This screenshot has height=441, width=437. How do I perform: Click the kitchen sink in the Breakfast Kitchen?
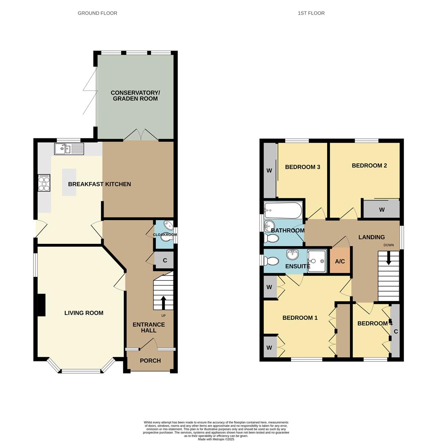[x=69, y=149]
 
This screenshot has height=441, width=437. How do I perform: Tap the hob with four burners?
[x=44, y=183]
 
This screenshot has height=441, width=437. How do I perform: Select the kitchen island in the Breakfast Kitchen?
[x=69, y=182]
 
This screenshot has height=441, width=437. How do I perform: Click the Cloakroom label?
[x=165, y=235]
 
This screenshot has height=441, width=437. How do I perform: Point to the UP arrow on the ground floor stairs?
[x=164, y=303]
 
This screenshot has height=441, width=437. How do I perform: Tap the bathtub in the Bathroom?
[x=283, y=211]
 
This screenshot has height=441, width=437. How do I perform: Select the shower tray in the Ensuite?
[x=317, y=261]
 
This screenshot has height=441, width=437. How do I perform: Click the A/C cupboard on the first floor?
[x=340, y=261]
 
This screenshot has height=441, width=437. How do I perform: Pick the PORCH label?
[x=150, y=361]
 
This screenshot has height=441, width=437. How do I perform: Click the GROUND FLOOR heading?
[x=98, y=13]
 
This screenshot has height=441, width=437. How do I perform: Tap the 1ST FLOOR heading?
[x=311, y=13]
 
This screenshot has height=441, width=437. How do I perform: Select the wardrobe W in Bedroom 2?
[x=382, y=209]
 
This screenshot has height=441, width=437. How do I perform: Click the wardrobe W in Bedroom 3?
[x=269, y=170]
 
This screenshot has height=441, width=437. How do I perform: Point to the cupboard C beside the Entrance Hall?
[x=165, y=260]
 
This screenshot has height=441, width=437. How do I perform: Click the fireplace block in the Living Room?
[x=41, y=305]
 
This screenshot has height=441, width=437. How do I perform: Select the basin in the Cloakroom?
[x=169, y=225]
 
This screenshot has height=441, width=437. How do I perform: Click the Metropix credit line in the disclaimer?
[x=216, y=439]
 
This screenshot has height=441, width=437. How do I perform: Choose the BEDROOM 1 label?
[x=300, y=318]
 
